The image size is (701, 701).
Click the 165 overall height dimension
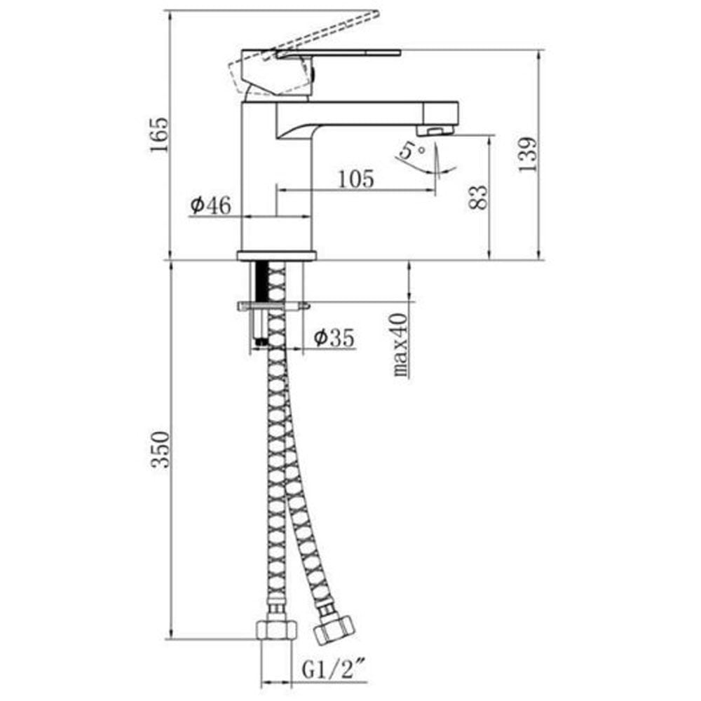pyautogui.click(x=159, y=135)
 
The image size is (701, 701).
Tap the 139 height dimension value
pyautogui.click(x=528, y=155)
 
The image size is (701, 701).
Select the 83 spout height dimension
pyautogui.click(x=478, y=197)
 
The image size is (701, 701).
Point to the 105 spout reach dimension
pyautogui.click(x=356, y=179)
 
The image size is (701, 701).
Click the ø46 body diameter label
pyautogui.click(x=210, y=205)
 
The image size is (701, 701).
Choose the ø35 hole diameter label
pyautogui.click(x=334, y=337)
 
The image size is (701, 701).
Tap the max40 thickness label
pyautogui.click(x=400, y=345)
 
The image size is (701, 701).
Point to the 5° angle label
pyautogui.click(x=411, y=150)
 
